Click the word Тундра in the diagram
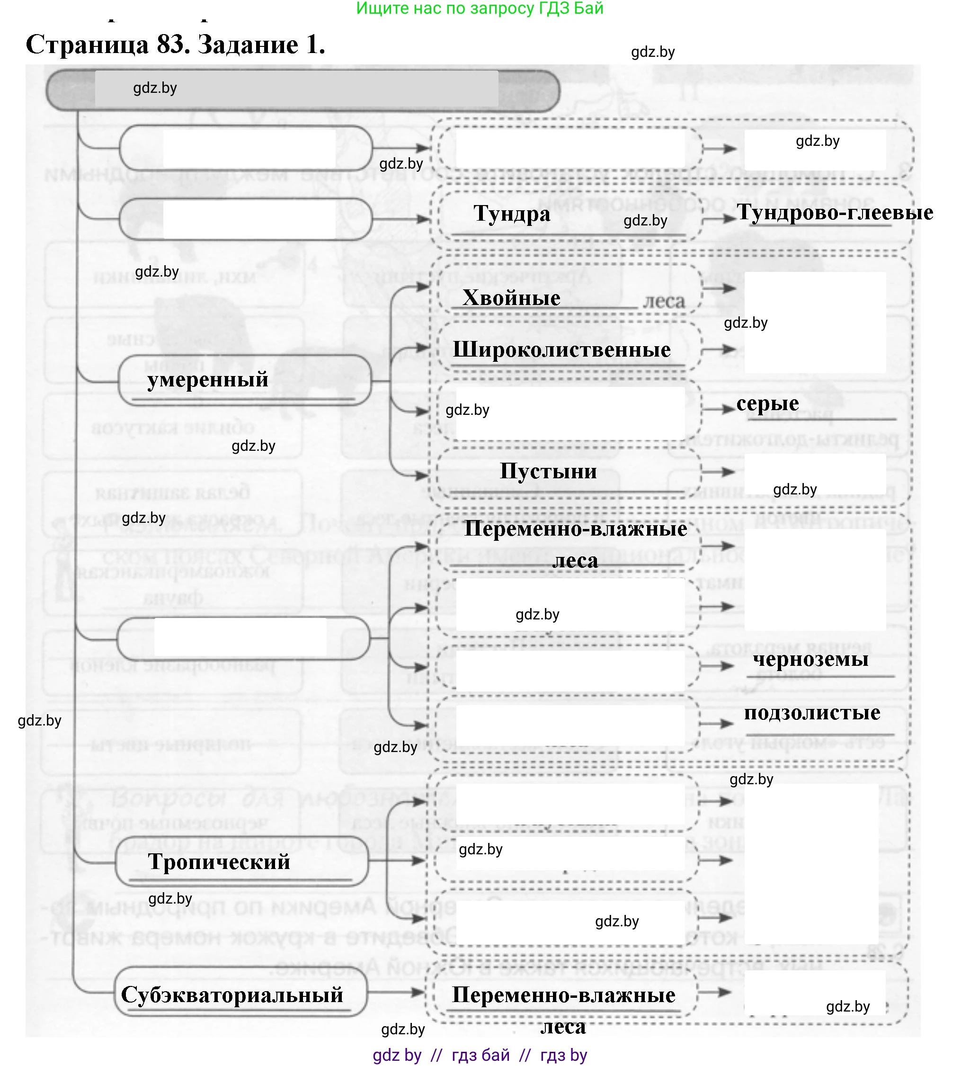click(512, 214)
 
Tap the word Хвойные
click(511, 298)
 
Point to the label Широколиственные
click(561, 349)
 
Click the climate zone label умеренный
click(207, 380)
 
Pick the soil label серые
click(767, 403)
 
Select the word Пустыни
click(548, 471)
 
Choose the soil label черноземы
click(810, 660)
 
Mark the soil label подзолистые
click(812, 713)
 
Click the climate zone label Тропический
click(219, 862)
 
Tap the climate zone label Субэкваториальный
click(232, 995)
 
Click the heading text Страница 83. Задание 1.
click(175, 45)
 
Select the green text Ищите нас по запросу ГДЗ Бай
click(480, 9)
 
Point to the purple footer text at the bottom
click(480, 1055)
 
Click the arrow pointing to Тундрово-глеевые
click(719, 218)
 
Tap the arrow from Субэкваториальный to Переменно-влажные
click(397, 992)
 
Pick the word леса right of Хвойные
click(664, 302)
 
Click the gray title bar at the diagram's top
click(302, 90)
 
